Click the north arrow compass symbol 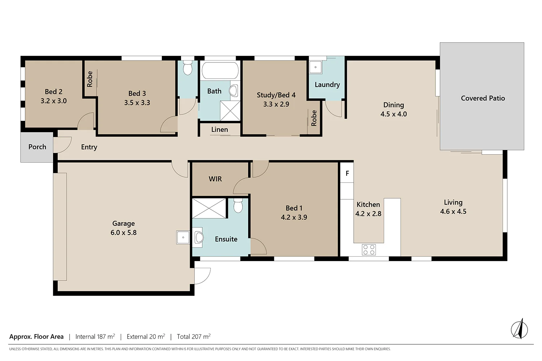[x=519, y=329]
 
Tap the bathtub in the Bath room [x=220, y=71]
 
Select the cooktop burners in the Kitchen [x=369, y=249]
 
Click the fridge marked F [x=347, y=173]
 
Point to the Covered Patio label [x=483, y=98]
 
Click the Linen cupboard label [x=219, y=130]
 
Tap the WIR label [x=215, y=179]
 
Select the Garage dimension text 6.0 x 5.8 [x=124, y=232]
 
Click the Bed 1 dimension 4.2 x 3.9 [x=294, y=217]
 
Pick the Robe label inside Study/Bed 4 [x=314, y=118]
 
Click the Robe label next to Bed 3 [x=90, y=79]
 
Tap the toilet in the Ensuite [x=238, y=206]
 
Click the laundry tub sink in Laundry [x=315, y=68]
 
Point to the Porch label [x=37, y=147]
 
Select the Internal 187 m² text [x=95, y=336]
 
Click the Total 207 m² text [x=193, y=336]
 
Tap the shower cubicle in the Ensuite [x=209, y=208]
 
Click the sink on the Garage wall [x=183, y=238]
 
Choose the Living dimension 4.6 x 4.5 [x=453, y=212]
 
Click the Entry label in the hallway [x=89, y=147]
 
